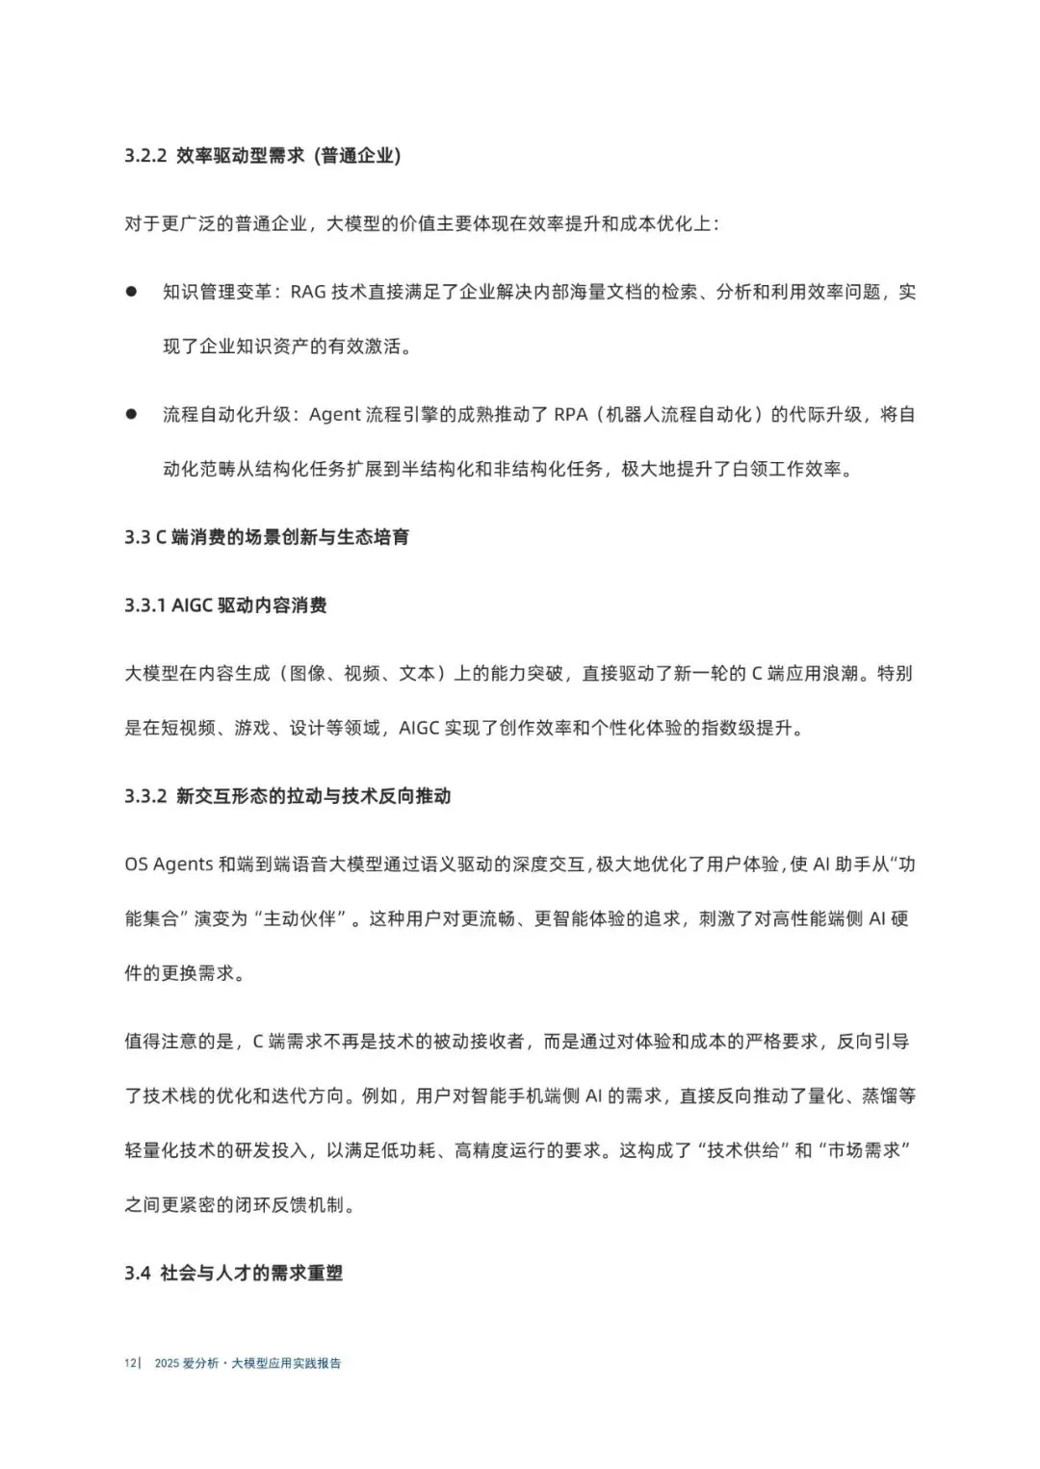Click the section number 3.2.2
146,156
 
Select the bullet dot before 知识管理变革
132,291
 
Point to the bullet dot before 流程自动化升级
132,414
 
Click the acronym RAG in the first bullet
308,292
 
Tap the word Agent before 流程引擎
334,415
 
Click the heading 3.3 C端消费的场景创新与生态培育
267,537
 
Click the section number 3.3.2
146,796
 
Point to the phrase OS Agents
169,864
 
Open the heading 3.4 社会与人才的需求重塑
234,1274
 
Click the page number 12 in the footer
129,1363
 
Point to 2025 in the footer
167,1363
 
